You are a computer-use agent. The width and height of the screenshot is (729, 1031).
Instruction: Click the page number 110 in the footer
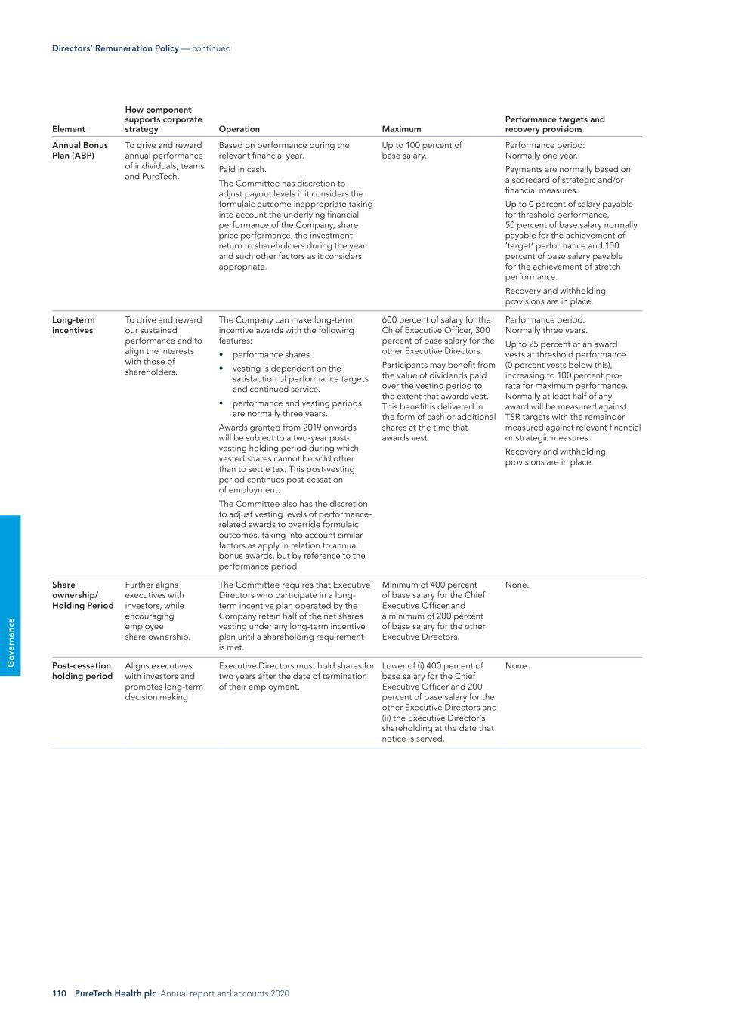coord(60,993)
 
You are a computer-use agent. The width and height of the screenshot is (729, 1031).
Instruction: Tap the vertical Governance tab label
coord(11,642)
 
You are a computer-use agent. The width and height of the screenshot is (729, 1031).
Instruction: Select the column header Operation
coord(239,129)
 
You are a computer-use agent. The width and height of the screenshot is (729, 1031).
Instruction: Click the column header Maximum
coord(401,129)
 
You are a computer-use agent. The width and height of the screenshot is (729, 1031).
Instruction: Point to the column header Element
coord(68,129)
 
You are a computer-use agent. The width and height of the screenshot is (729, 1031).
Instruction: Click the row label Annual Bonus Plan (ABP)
coord(79,150)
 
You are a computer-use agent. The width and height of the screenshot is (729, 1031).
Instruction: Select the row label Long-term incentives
coord(73,325)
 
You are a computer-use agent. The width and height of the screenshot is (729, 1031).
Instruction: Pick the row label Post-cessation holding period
coord(82,671)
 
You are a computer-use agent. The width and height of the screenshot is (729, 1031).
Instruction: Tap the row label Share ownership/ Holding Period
coord(82,595)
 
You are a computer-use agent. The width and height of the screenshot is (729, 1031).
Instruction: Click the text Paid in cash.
coord(242,169)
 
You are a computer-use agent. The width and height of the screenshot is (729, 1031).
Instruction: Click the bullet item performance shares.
coord(272,354)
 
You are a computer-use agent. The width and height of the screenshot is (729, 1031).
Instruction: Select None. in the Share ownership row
coord(517,585)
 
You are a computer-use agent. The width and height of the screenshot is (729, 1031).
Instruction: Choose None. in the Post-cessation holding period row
coord(517,665)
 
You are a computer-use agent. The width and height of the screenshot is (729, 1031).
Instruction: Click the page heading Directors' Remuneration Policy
coord(116,48)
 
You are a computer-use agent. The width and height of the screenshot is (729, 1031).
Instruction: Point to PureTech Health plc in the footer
coord(116,993)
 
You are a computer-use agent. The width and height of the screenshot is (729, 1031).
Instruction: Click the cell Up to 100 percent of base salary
coord(422,150)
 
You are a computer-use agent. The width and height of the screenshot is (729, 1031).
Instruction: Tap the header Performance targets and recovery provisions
coord(554,124)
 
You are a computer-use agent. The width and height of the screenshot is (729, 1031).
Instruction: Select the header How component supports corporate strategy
coord(163,119)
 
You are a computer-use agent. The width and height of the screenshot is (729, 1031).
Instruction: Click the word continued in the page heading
coord(212,48)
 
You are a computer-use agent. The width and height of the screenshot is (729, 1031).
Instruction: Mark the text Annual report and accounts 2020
coord(224,993)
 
